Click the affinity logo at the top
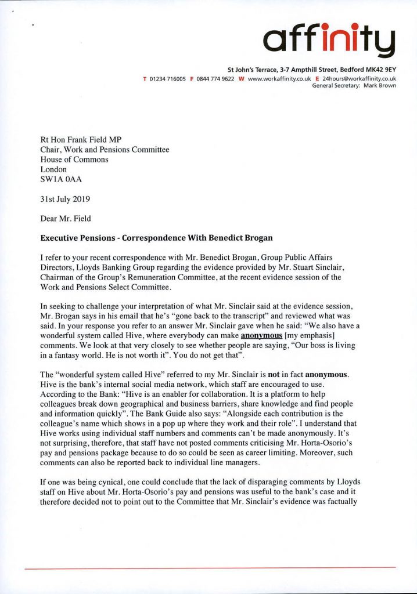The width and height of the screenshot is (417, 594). pyautogui.click(x=329, y=37)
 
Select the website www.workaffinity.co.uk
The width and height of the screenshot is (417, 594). pyautogui.click(x=278, y=78)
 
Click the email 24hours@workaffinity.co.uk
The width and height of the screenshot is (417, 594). pyautogui.click(x=359, y=78)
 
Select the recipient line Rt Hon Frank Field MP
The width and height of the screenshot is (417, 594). pyautogui.click(x=82, y=139)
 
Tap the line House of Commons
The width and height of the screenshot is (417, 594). pyautogui.click(x=74, y=159)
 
